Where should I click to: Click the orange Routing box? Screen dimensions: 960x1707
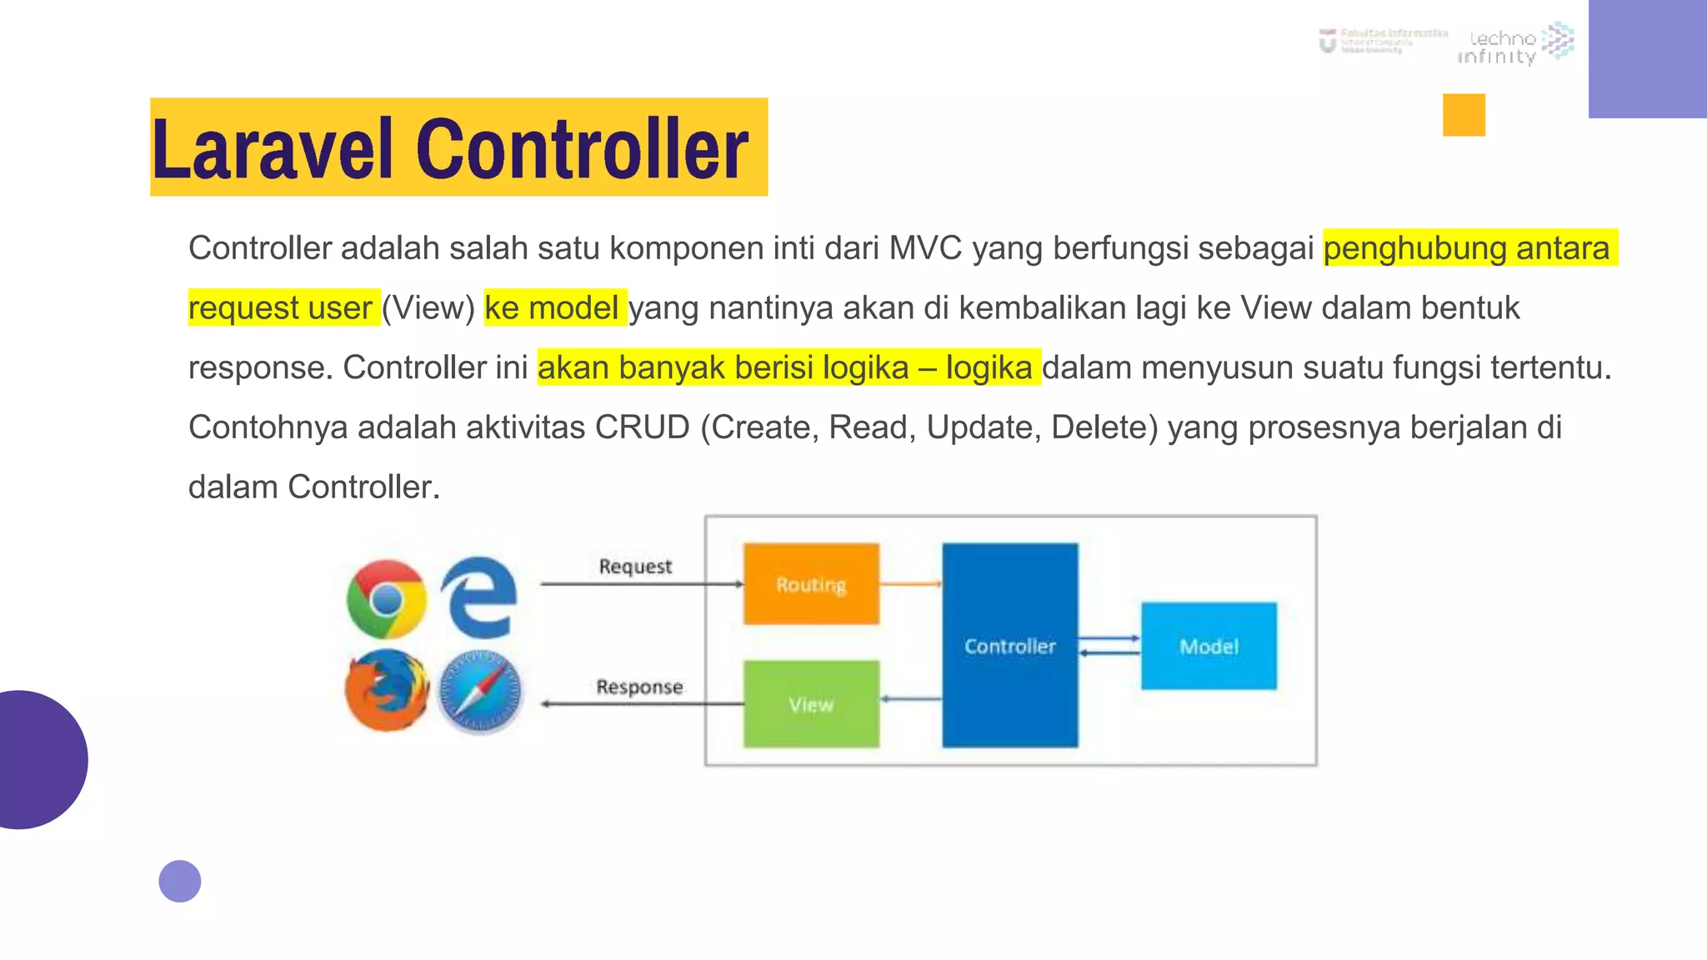811,583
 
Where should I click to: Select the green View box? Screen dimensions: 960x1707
811,704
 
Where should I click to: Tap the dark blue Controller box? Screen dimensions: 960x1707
1009,645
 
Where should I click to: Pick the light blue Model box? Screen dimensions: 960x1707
1209,646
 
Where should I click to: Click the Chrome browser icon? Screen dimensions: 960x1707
387,598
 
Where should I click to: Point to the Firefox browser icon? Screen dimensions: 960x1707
387,691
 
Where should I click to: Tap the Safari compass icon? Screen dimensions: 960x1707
480,692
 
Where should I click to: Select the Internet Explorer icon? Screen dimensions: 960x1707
479,597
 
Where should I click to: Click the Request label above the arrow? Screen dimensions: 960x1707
635,567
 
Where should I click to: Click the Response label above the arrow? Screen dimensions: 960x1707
639,687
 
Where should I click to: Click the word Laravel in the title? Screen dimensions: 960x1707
272,150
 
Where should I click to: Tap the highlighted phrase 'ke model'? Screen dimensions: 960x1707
553,307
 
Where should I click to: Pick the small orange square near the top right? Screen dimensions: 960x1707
1464,115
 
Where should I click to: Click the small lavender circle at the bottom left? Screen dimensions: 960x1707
180,881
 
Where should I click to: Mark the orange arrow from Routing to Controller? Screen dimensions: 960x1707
910,583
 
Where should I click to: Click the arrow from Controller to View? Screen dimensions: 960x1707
910,698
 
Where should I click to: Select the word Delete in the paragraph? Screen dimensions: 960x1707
1104,427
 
